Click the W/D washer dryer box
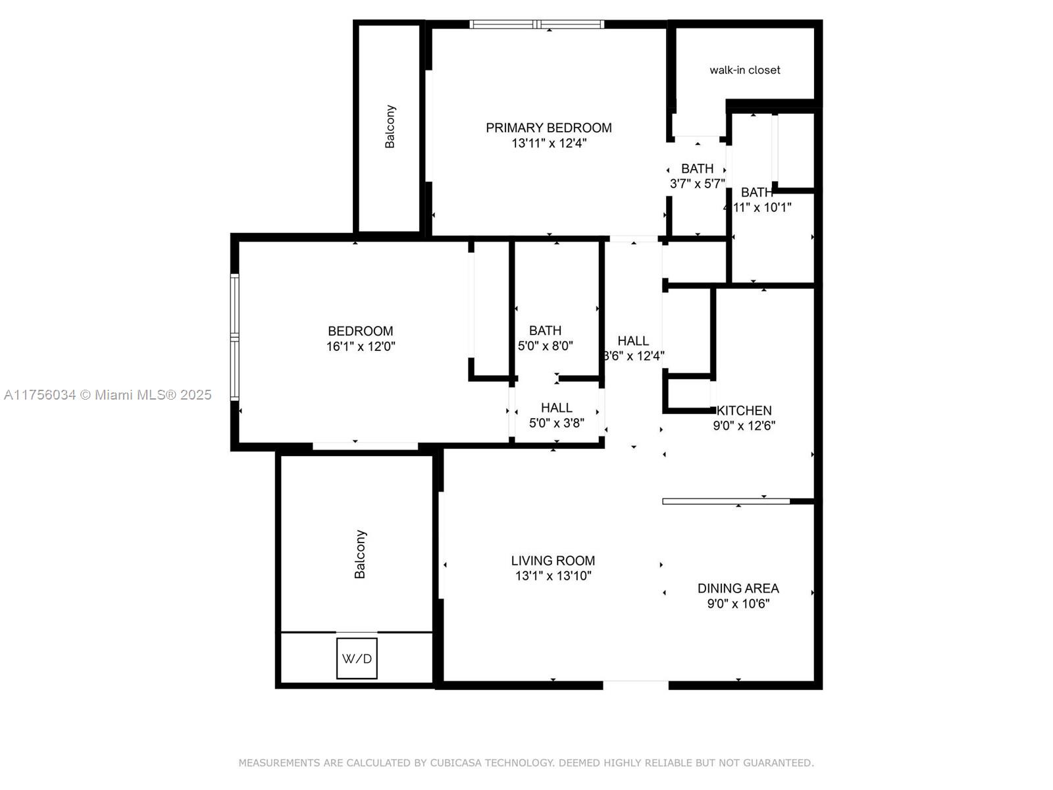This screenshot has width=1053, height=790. pos(357,658)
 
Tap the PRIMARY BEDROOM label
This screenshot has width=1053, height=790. pos(549,128)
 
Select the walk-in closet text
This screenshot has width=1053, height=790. pos(744,70)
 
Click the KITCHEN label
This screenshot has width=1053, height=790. pos(744,410)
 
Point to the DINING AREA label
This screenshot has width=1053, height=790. pos(738,588)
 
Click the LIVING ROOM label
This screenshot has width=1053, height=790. pos(553,560)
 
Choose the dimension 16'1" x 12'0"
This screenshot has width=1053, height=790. pos(361,346)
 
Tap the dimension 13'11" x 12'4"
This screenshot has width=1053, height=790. pos(549,143)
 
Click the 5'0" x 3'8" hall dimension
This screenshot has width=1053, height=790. pos(557,423)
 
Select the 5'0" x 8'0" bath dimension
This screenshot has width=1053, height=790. pos(546,346)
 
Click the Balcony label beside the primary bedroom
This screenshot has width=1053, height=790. pos(390,126)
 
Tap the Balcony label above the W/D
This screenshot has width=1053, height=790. pos(360,554)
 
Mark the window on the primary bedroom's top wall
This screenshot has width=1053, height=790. pos(536,25)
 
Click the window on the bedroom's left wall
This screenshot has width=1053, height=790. pos(234,337)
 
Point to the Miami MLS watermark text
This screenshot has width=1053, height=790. pos(108,394)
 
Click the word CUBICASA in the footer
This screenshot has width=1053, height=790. pos(458,762)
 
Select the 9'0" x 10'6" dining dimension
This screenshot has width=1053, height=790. pos(738,603)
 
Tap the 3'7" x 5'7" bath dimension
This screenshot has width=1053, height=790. pos(697,184)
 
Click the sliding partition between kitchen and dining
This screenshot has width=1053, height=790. pos(726,502)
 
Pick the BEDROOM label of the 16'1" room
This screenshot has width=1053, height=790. pos(361,331)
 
